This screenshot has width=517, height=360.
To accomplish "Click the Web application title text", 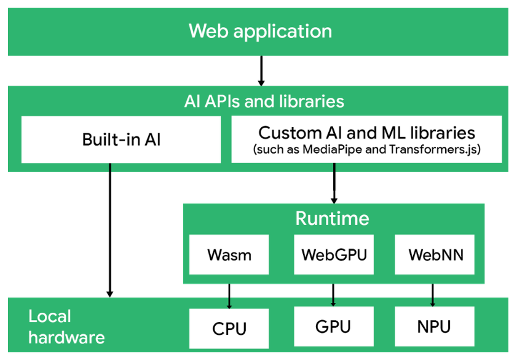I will pyautogui.click(x=260, y=31).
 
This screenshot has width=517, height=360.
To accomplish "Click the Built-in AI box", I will pyautogui.click(x=121, y=139).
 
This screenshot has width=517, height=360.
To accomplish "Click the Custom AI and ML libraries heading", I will pyautogui.click(x=366, y=133).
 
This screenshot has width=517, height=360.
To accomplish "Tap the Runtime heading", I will pyautogui.click(x=333, y=219).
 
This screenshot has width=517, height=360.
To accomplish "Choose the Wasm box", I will pyautogui.click(x=229, y=254).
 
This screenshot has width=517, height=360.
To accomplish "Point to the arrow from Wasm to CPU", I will pyautogui.click(x=229, y=295).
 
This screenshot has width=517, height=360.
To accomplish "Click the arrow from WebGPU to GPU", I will pyautogui.click(x=333, y=295).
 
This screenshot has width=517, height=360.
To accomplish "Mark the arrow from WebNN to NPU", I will pyautogui.click(x=433, y=295).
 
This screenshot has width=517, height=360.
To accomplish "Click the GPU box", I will pyautogui.click(x=333, y=326).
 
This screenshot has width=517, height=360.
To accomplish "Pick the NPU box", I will pyautogui.click(x=434, y=326).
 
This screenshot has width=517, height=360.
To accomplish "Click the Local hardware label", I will pyautogui.click(x=66, y=327).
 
